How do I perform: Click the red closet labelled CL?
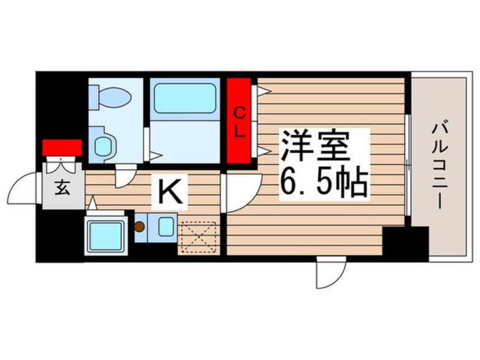pos(238,121)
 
